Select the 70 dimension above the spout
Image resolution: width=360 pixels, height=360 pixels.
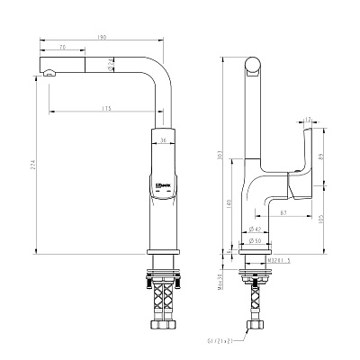(61, 47)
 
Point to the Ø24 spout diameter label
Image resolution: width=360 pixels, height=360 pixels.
(110, 62)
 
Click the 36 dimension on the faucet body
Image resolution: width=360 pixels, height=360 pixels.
(163, 139)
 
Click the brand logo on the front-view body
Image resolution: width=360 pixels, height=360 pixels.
(154, 188)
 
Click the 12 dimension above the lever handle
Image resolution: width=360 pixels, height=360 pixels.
(309, 118)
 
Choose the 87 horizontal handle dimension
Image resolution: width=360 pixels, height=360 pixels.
(283, 212)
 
